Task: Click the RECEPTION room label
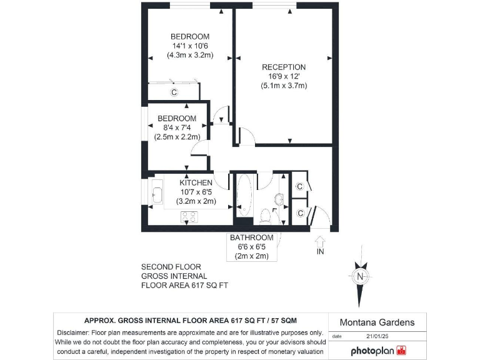point(283,67)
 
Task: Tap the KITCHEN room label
point(187,182)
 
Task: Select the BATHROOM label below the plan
point(251,237)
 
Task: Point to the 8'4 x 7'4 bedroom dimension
point(177,127)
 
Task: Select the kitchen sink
point(156,194)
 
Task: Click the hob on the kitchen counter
point(189,217)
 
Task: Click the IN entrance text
point(320,252)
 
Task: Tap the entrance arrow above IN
point(320,240)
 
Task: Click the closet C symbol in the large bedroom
point(174,92)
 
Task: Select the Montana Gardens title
point(377,322)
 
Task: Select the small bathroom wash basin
point(279,199)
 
